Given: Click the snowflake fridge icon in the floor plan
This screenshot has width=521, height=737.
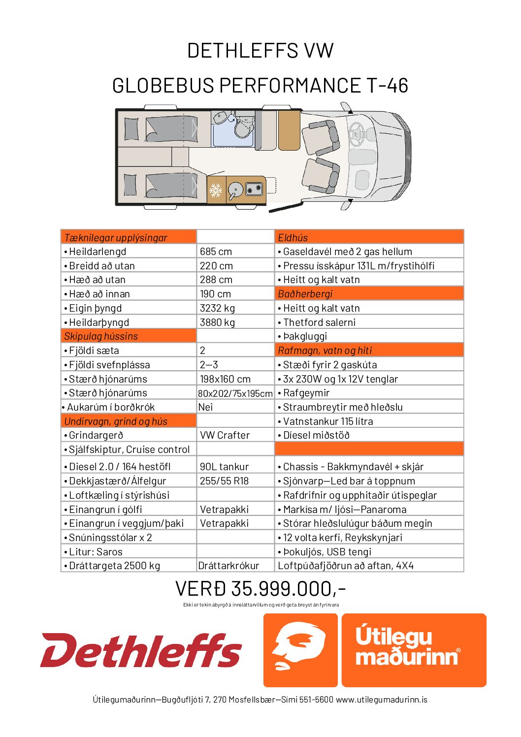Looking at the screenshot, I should coord(216,190).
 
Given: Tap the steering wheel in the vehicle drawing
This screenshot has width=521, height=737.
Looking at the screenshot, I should coord(356,132).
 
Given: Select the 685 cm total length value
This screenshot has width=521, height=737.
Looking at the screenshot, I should coord(216,252).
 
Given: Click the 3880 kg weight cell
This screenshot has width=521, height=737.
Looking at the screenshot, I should coord(217,322).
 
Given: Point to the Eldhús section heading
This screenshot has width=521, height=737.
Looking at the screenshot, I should coord(293,237).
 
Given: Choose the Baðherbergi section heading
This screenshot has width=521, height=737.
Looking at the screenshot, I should coord(305,294).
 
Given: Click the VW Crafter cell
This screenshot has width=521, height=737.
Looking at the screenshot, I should coord(225,435).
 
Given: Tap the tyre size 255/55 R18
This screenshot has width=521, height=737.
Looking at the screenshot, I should coord(224,481).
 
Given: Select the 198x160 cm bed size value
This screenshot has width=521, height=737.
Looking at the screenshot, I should coord(225,379).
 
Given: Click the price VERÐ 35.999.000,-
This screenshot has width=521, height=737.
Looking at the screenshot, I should coord(260,589).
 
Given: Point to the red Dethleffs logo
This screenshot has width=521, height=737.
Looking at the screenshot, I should coord(141,650).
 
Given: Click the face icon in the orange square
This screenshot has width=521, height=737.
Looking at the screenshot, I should coord(300,650).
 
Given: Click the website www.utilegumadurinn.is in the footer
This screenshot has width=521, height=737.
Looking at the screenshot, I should coord(382,700).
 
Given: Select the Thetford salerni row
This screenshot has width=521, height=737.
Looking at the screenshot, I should coord(319,322).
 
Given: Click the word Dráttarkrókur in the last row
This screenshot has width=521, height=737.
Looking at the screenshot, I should coord(228,566).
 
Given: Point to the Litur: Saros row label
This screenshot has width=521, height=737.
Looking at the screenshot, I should coord(96,552).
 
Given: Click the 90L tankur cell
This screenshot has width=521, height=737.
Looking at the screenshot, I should coord(224,467).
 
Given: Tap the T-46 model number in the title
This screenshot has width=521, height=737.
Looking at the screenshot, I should coord(387,86).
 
